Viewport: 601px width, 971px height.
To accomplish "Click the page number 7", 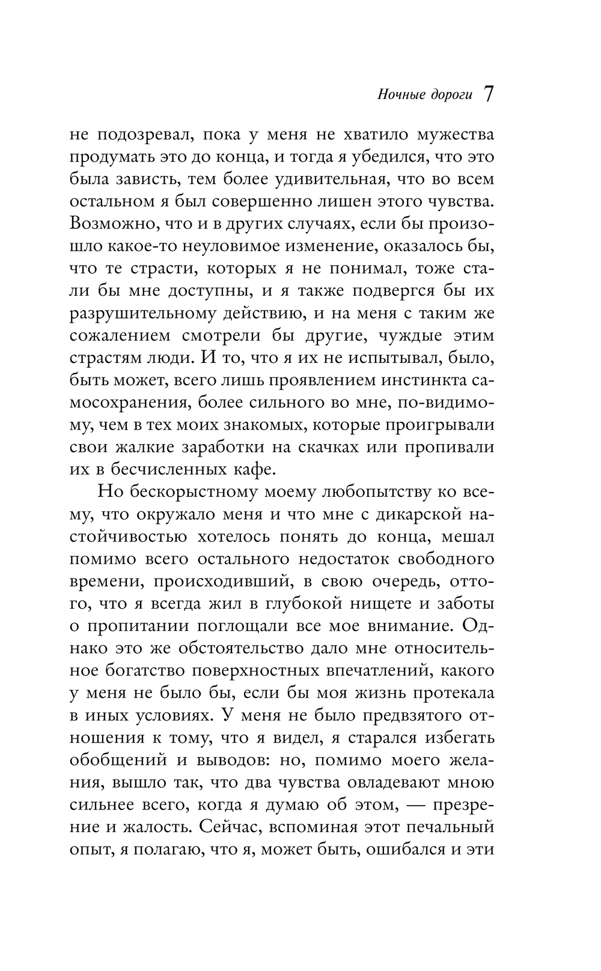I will pos(489,94).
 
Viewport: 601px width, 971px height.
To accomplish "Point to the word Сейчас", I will pos(225,827).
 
